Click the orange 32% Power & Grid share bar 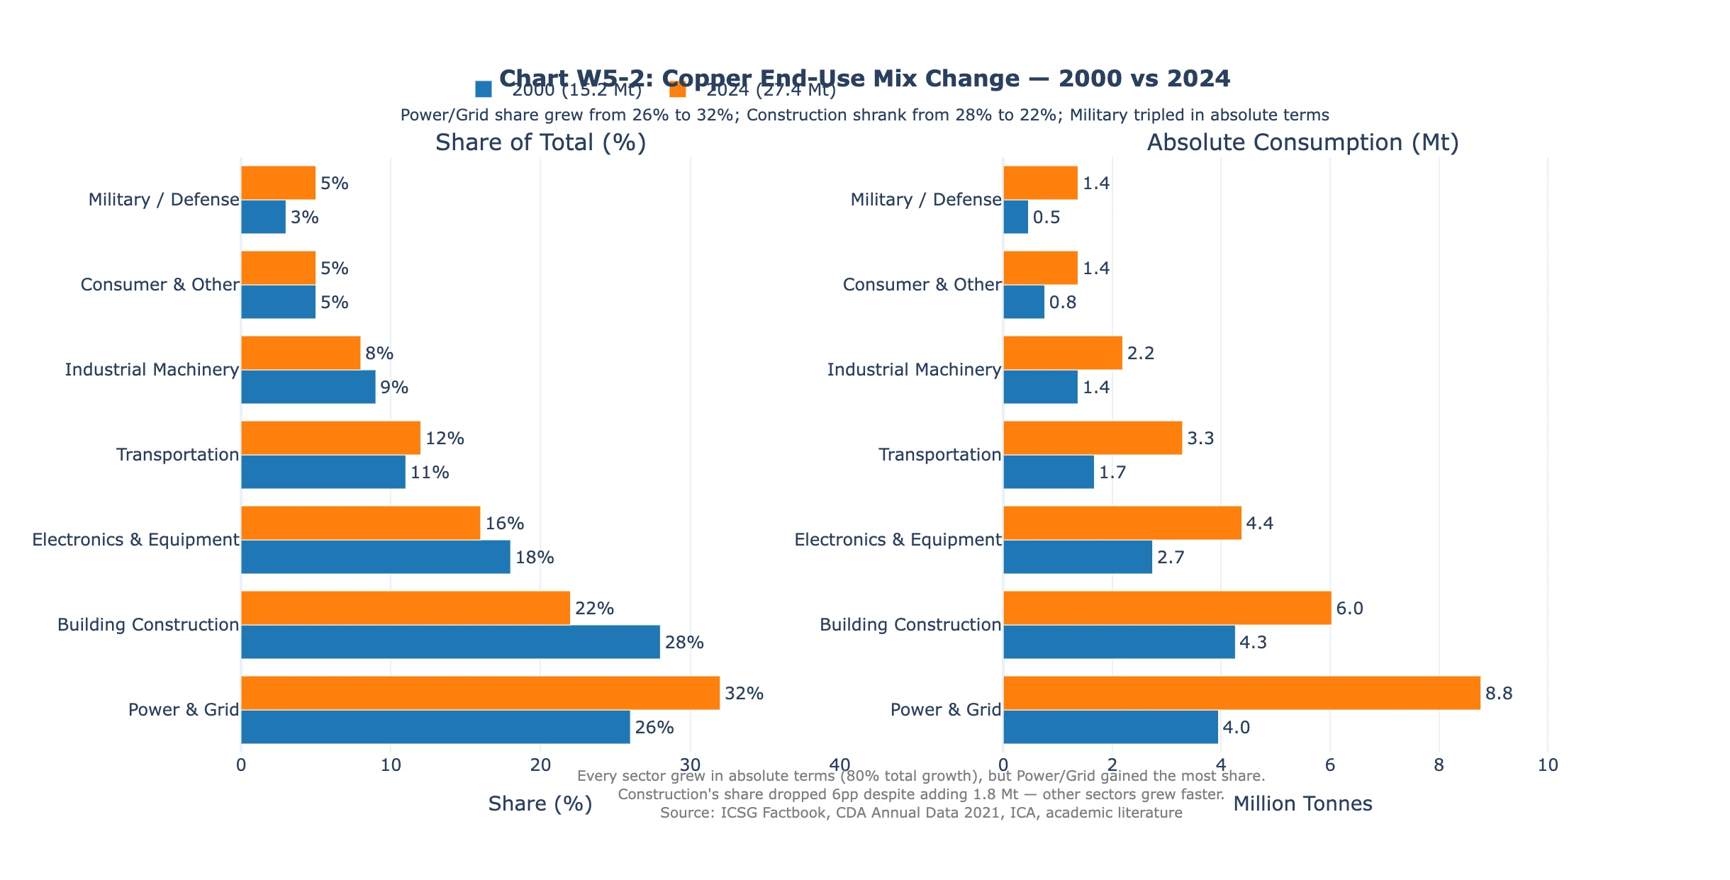pos(480,693)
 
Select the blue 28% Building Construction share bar pos(450,642)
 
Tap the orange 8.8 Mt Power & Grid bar pos(1241,693)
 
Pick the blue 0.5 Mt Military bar pos(1015,217)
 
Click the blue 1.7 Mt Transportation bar pos(1048,472)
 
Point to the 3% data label pos(305,218)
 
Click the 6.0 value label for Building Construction pos(1349,609)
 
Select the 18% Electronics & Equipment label pos(535,558)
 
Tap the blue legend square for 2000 pos(484,89)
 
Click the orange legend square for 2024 pos(678,89)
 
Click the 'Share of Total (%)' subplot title pos(540,142)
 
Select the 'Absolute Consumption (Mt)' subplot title pos(1302,142)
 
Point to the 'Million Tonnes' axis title pos(1302,803)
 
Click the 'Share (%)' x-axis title pos(540,803)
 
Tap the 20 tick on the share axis pos(540,765)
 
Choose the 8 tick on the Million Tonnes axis pos(1439,765)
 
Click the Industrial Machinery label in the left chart pos(152,370)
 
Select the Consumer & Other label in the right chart pos(922,285)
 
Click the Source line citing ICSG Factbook pos(921,813)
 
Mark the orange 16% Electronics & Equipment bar pos(360,523)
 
